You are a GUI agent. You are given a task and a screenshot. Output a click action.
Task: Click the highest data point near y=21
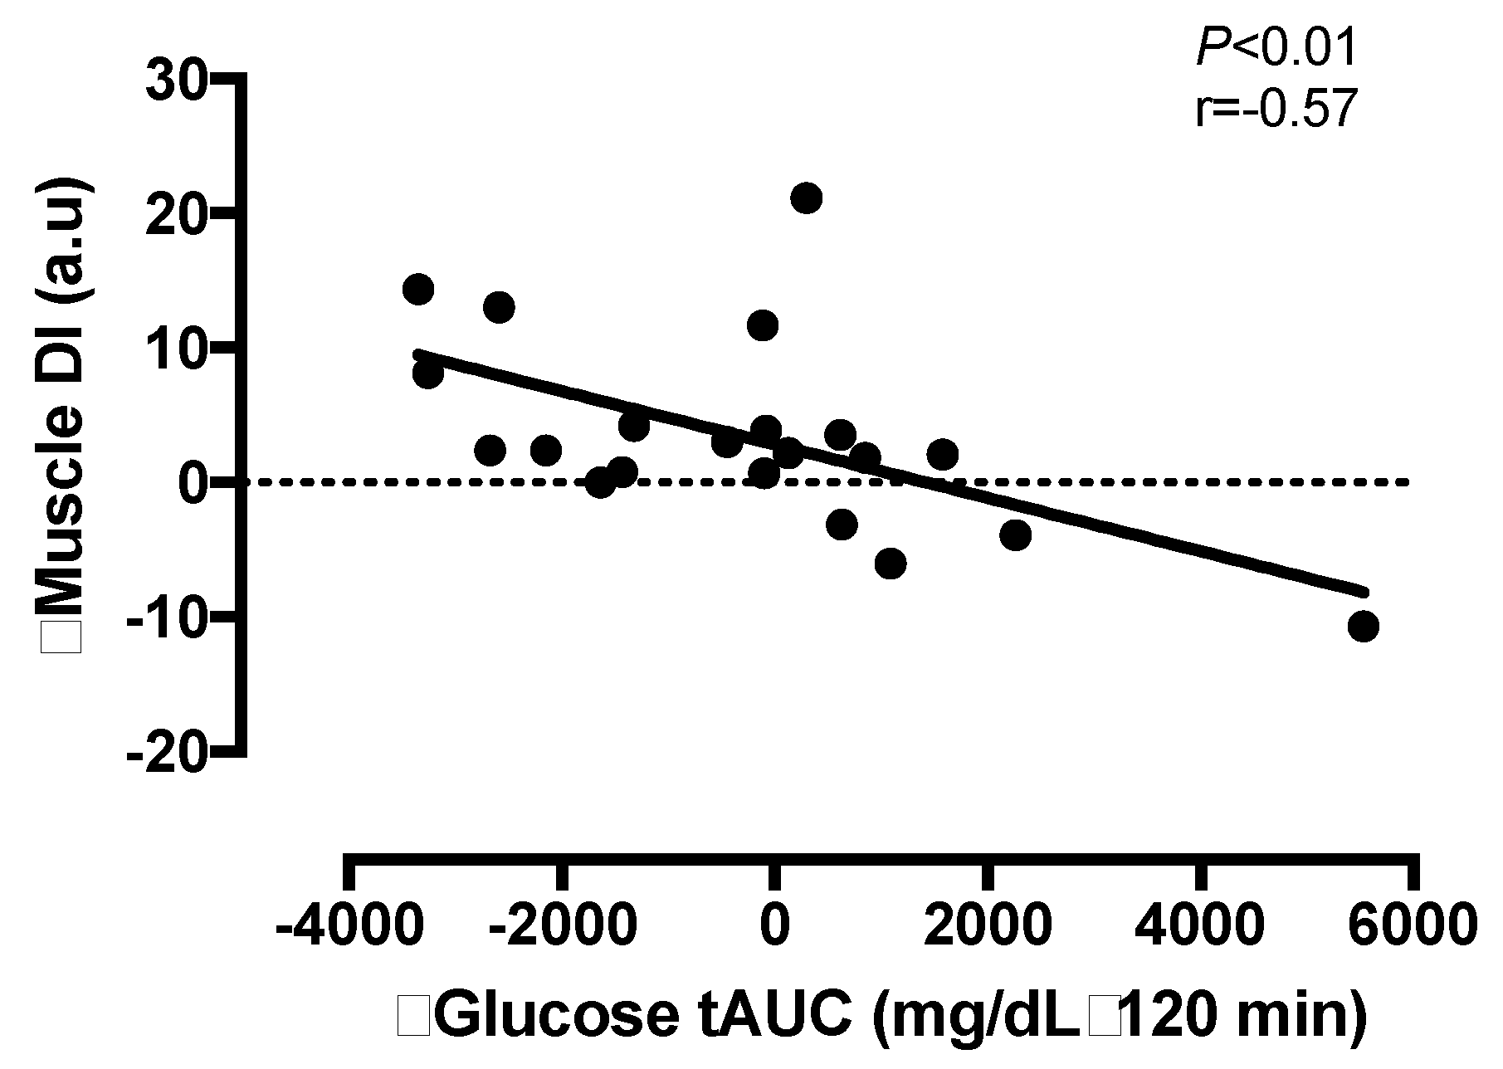[806, 198]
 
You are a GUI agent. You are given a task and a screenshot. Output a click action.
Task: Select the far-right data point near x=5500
[1364, 626]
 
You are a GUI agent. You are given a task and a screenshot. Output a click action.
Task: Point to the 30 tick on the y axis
[175, 80]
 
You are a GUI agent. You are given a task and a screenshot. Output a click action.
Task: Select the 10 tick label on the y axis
[175, 349]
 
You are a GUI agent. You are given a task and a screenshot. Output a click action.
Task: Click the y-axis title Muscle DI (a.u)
[66, 415]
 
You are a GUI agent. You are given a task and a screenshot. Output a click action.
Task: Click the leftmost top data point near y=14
[418, 289]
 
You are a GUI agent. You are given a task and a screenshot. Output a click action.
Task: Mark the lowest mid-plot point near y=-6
[890, 564]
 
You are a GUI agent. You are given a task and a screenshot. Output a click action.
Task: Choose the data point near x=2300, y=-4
[1015, 534]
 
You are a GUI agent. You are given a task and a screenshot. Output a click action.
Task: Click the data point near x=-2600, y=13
[499, 307]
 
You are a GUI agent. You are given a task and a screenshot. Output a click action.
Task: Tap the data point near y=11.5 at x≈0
[763, 325]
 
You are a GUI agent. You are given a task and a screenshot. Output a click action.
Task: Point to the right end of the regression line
[1363, 591]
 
